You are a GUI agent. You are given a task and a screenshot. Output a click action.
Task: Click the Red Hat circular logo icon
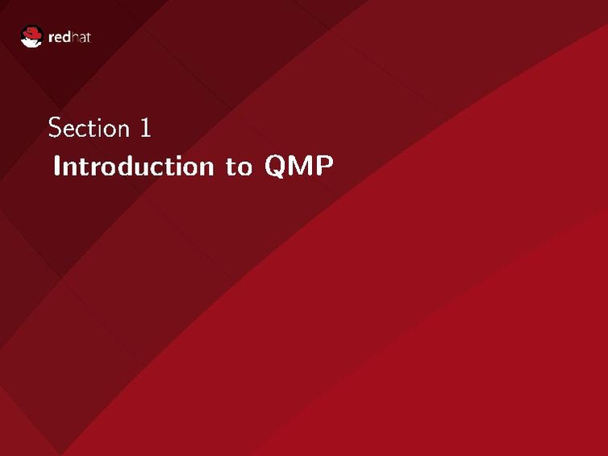[31, 36]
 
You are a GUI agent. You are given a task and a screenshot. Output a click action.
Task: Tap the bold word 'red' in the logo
[61, 37]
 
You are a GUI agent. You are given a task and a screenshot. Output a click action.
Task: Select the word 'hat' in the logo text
[81, 37]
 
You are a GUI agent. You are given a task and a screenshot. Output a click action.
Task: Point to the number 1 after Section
[145, 128]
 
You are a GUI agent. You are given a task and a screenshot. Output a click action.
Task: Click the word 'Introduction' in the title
[131, 167]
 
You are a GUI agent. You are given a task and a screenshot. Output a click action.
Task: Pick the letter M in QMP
[299, 167]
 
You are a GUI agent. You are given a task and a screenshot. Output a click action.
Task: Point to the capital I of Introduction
[56, 167]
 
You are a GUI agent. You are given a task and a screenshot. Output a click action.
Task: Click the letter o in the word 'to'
[244, 168]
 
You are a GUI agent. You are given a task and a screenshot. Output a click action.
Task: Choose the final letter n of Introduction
[204, 168]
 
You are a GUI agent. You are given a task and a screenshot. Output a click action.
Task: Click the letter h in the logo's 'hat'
[76, 37]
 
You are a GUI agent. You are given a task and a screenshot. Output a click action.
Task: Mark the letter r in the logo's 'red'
[52, 38]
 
